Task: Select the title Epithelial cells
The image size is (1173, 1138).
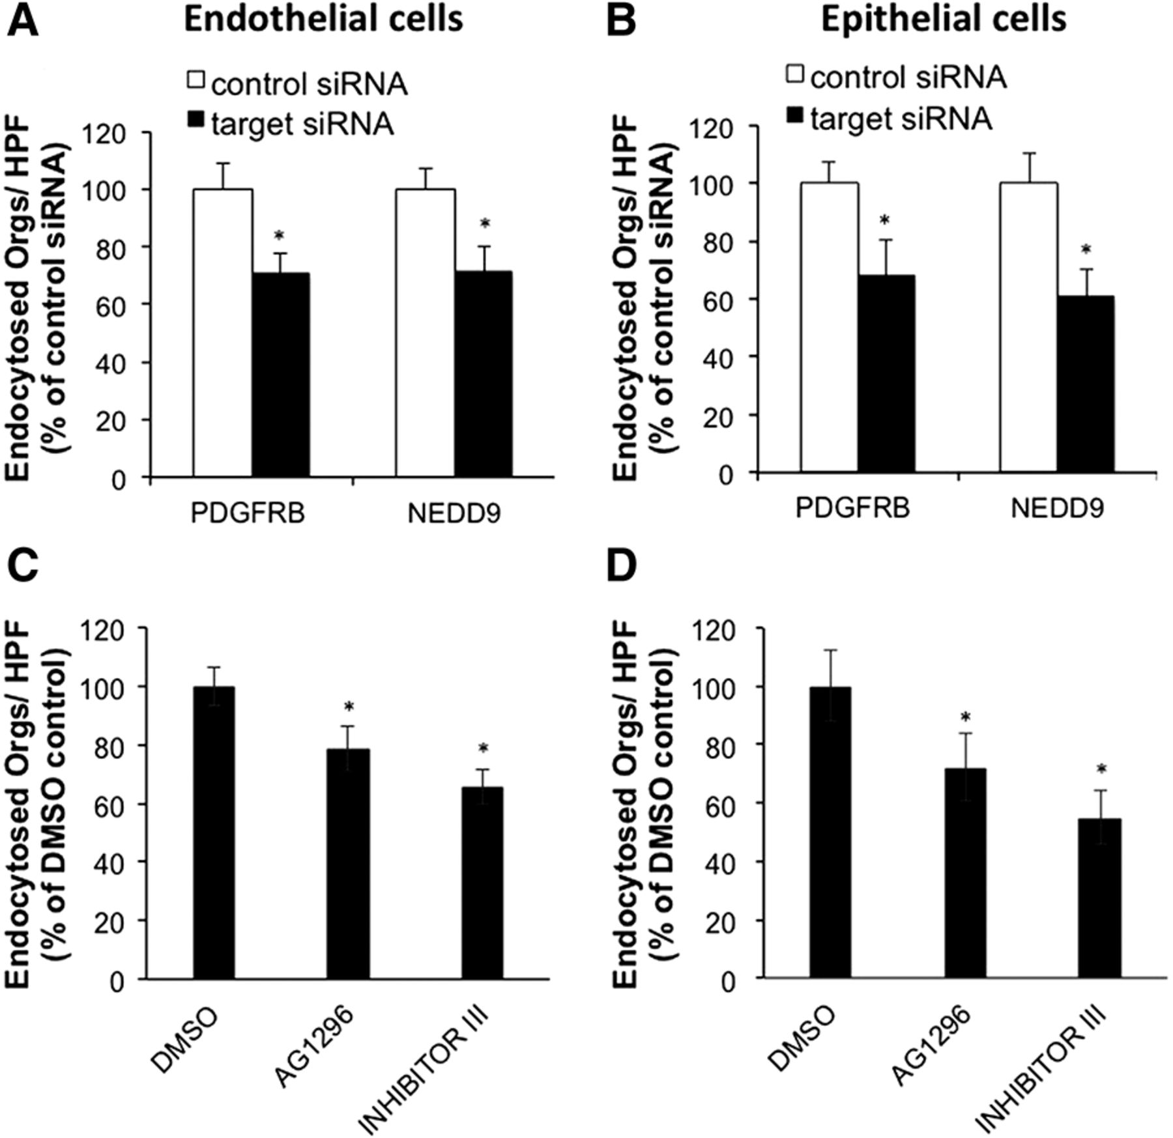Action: point(943,20)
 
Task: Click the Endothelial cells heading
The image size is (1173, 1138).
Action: point(323,20)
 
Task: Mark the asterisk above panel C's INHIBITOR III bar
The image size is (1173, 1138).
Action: point(483,748)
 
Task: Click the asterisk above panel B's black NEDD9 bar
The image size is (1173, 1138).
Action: point(1085,250)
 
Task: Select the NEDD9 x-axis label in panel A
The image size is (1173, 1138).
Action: point(454,514)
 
